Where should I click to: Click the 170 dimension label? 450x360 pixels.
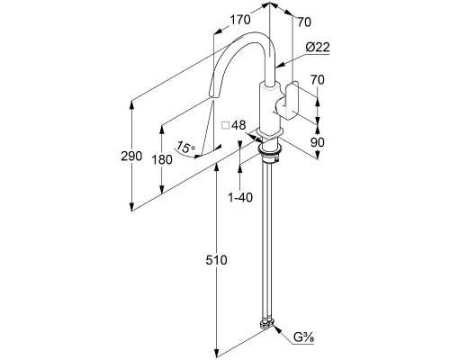[x=240, y=20]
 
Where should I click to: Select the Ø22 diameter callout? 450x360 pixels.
[x=318, y=47]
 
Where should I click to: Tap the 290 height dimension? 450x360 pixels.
[x=131, y=156]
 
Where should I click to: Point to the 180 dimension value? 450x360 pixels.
[x=162, y=159]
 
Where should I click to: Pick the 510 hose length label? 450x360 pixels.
[x=216, y=260]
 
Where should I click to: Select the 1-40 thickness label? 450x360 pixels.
[x=240, y=197]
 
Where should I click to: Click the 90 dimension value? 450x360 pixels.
[x=318, y=142]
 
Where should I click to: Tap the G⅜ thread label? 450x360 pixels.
[x=303, y=337]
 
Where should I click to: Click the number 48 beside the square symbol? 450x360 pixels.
[x=238, y=125]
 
